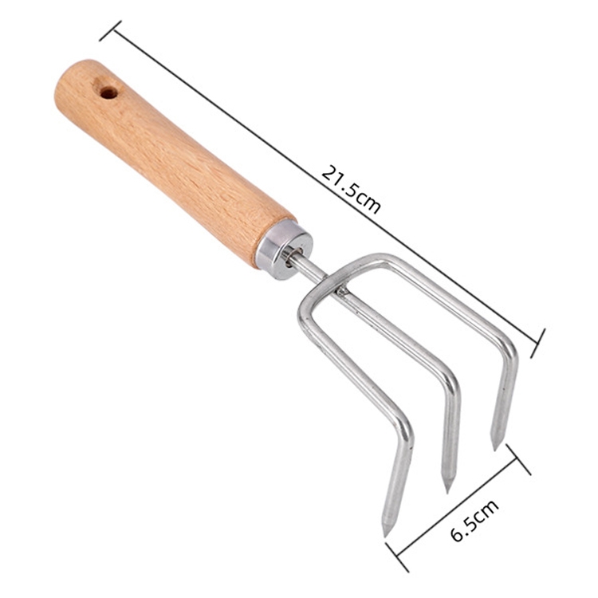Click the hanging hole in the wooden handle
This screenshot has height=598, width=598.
coord(108,92)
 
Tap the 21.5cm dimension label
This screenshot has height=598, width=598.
coord(351,190)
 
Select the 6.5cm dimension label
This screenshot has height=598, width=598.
coord(474,519)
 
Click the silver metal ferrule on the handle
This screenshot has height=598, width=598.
coord(284,250)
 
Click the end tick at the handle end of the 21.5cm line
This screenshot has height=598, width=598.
coord(110,31)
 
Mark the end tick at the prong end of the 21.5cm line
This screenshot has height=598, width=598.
coord(538,343)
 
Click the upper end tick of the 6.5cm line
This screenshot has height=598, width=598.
coord(518,459)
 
